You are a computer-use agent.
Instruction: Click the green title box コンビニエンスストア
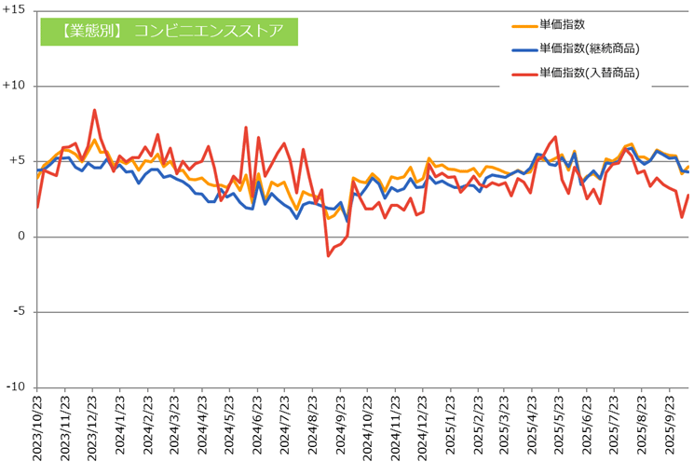(x=169, y=30)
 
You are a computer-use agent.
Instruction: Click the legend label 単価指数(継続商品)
(x=593, y=49)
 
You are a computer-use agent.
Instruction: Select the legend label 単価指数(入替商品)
(x=593, y=73)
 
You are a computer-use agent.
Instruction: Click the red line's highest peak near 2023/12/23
(x=95, y=110)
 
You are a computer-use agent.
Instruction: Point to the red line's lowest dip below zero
(x=329, y=255)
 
